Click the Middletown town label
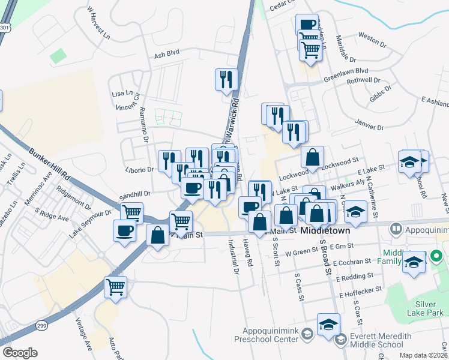coord(325,230)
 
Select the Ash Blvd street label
coord(167,55)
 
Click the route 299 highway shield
coord(41,324)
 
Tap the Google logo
coord(19,353)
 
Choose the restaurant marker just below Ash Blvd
coord(226,79)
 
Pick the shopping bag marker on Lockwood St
coord(312,157)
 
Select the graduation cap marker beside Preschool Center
coord(328,325)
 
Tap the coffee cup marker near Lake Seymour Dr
coord(125,230)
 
